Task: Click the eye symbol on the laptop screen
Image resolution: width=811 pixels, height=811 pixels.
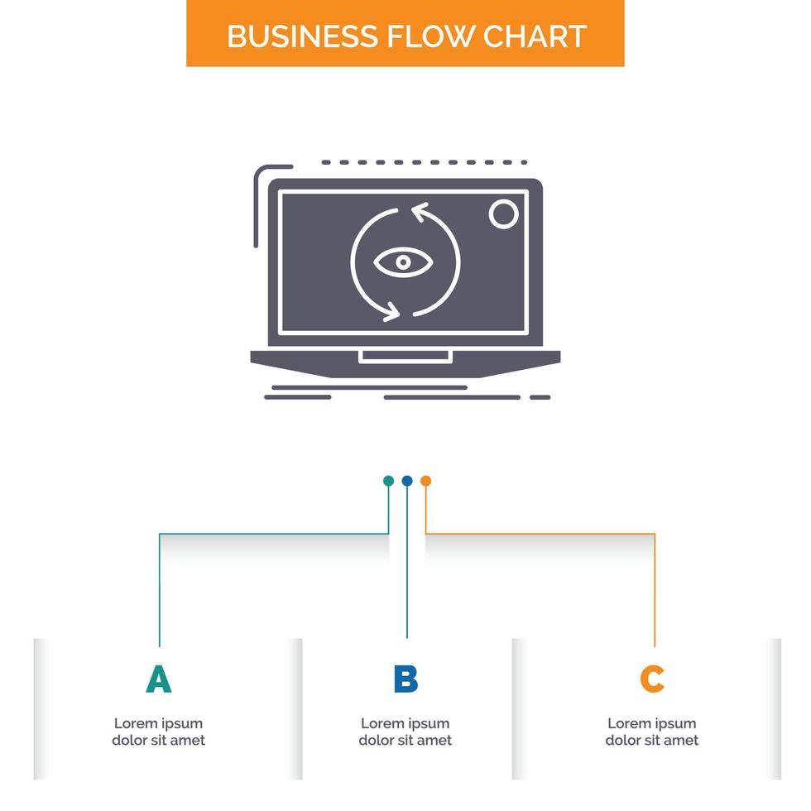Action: (x=403, y=262)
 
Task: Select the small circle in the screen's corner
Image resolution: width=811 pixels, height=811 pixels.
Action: (x=502, y=214)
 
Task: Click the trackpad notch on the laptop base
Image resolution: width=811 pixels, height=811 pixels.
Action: (x=405, y=357)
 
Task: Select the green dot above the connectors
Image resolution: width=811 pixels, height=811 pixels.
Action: (x=388, y=481)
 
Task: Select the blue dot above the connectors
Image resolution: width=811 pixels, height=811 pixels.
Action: (x=407, y=481)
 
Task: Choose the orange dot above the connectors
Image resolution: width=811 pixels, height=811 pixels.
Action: (x=425, y=481)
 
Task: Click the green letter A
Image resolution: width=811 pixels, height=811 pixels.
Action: (x=158, y=679)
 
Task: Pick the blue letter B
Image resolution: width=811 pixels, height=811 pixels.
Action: (x=405, y=679)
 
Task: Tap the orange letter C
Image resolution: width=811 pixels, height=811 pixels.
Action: (x=652, y=679)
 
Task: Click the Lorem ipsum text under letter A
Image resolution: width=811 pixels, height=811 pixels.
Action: (x=158, y=732)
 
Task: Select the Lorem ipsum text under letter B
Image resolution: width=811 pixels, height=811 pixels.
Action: (x=405, y=732)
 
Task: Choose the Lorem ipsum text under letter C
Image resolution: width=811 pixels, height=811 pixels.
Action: (x=652, y=732)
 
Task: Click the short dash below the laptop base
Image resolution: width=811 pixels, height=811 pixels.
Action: (x=540, y=397)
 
